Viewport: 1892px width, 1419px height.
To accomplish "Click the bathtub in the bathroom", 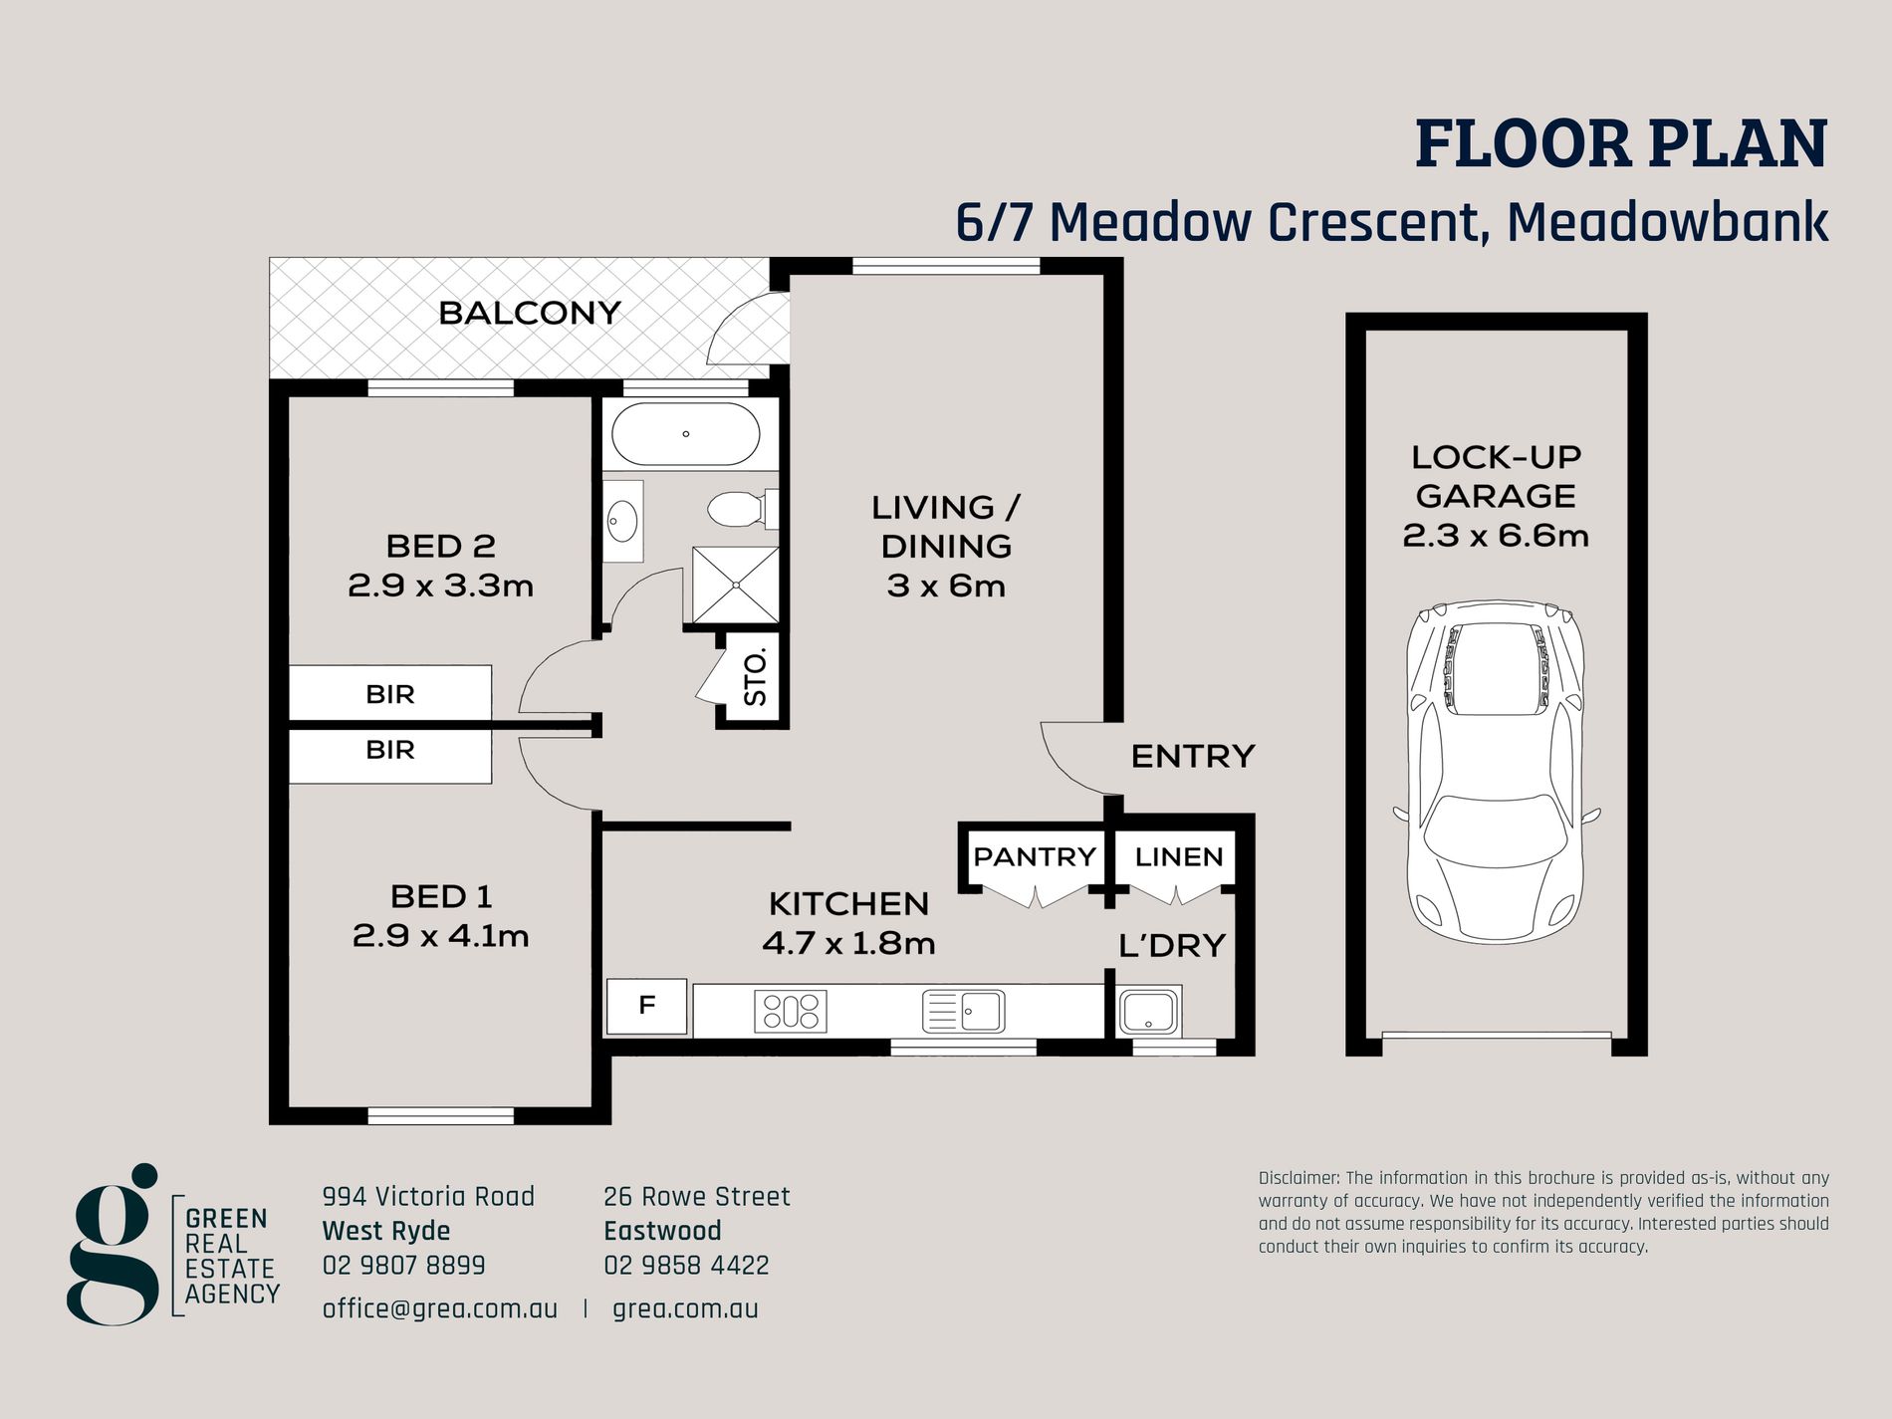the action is pos(685,434).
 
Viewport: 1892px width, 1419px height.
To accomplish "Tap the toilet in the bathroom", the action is pos(743,509).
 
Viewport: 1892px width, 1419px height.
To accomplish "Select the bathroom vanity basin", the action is pos(623,521).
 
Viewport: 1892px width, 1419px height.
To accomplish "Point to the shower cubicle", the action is pos(736,585).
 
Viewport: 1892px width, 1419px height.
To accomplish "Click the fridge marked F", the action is pos(646,1006).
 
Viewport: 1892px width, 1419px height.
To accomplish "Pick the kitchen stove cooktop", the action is pos(791,1011).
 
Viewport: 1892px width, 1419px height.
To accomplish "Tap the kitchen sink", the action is pos(963,1011).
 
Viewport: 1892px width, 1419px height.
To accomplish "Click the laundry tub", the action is pos(1149,1011).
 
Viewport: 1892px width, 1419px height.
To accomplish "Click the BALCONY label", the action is pos(530,313).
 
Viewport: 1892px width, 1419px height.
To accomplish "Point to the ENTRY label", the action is pos(1193,756).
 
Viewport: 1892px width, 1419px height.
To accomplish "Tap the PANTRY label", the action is pos(1035,856).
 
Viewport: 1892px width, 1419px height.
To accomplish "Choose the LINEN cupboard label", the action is pos(1179,856).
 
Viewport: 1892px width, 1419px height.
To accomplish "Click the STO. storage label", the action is pos(756,677).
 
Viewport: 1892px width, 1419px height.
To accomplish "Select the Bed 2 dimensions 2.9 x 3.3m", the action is pos(440,586).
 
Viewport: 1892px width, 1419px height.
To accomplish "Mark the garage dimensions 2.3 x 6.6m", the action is pos(1496,536).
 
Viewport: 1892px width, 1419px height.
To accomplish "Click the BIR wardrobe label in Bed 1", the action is pos(390,749).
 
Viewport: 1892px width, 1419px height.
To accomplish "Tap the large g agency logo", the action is pos(114,1244).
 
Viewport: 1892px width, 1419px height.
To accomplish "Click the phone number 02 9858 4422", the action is pos(686,1266).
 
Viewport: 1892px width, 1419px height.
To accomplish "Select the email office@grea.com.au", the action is pos(440,1308).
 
